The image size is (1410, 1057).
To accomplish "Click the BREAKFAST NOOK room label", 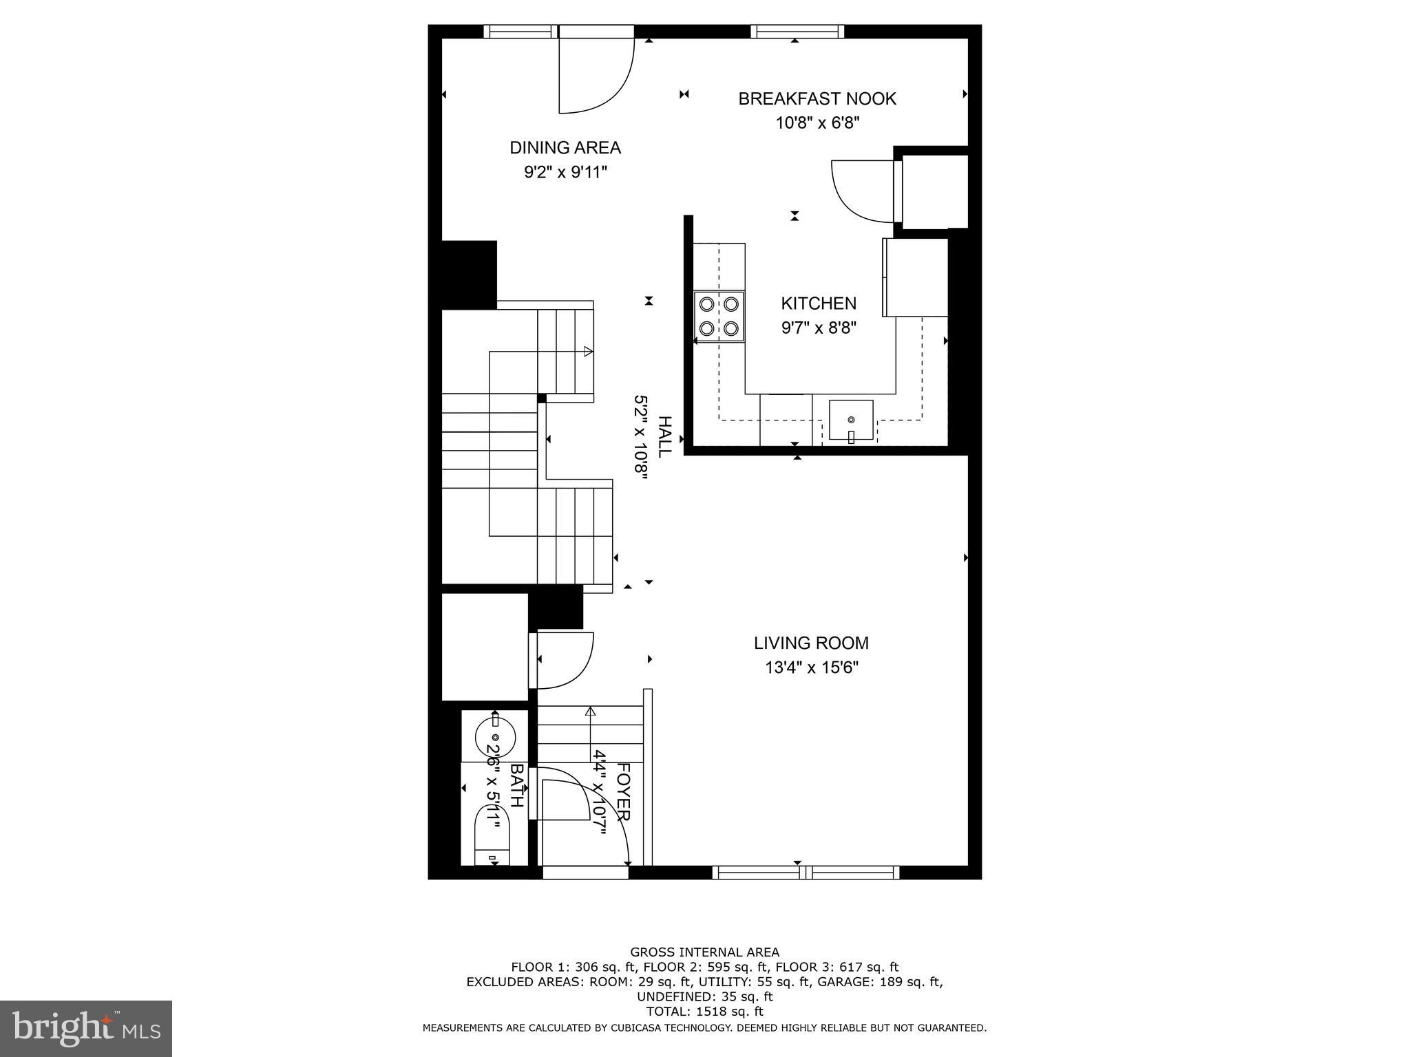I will coord(817,99).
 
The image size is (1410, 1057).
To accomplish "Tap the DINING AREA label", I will coord(565,148).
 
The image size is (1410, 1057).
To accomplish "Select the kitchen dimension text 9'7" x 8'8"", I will coord(819,328).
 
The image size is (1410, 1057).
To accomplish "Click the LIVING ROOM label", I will coord(811,643).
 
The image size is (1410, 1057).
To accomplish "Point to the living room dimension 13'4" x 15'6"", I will coord(812,668).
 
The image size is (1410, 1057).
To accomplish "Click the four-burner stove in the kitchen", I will coord(719,316).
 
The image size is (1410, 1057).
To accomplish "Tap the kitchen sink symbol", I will coord(851,420).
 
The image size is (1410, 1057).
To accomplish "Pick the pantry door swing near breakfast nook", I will coord(861,191).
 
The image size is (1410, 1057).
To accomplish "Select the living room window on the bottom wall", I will coord(806,873).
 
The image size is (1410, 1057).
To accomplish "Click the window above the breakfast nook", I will coord(797,31).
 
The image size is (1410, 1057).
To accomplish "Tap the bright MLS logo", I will coord(85,1028).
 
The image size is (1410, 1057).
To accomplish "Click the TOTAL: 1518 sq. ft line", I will coord(704,1012).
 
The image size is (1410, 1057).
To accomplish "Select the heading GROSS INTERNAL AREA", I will coord(704,952).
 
